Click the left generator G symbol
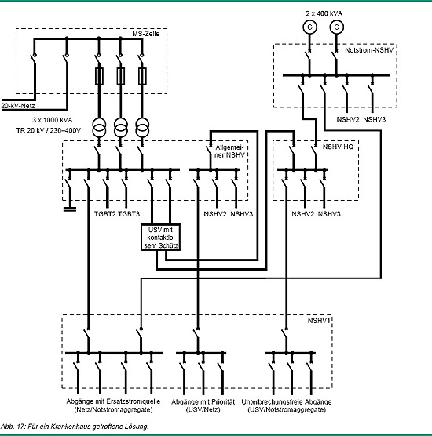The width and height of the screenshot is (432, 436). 309,27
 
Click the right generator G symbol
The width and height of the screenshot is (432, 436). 336,27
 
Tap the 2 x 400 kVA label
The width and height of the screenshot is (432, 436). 324,13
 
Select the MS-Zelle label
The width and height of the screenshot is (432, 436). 146,34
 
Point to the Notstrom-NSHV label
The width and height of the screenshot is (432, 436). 369,50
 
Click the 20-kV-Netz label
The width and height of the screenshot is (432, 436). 18,106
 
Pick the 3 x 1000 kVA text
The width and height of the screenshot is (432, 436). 53,120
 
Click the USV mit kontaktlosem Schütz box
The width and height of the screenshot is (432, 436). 160,238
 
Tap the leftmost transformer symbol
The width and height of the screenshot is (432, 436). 99,128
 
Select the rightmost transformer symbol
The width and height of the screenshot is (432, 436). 142,128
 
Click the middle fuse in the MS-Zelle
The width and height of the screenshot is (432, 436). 121,76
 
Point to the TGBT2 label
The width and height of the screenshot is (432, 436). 105,214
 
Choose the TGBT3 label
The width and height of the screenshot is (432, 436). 129,214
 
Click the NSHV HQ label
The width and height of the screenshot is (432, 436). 338,147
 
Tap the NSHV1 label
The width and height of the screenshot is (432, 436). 319,321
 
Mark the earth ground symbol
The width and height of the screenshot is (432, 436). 70,209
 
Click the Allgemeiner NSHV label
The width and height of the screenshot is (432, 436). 230,151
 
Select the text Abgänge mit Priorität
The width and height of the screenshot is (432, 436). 203,402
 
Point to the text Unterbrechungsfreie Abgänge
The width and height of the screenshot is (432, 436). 287,402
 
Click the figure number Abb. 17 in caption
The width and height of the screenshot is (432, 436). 13,427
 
